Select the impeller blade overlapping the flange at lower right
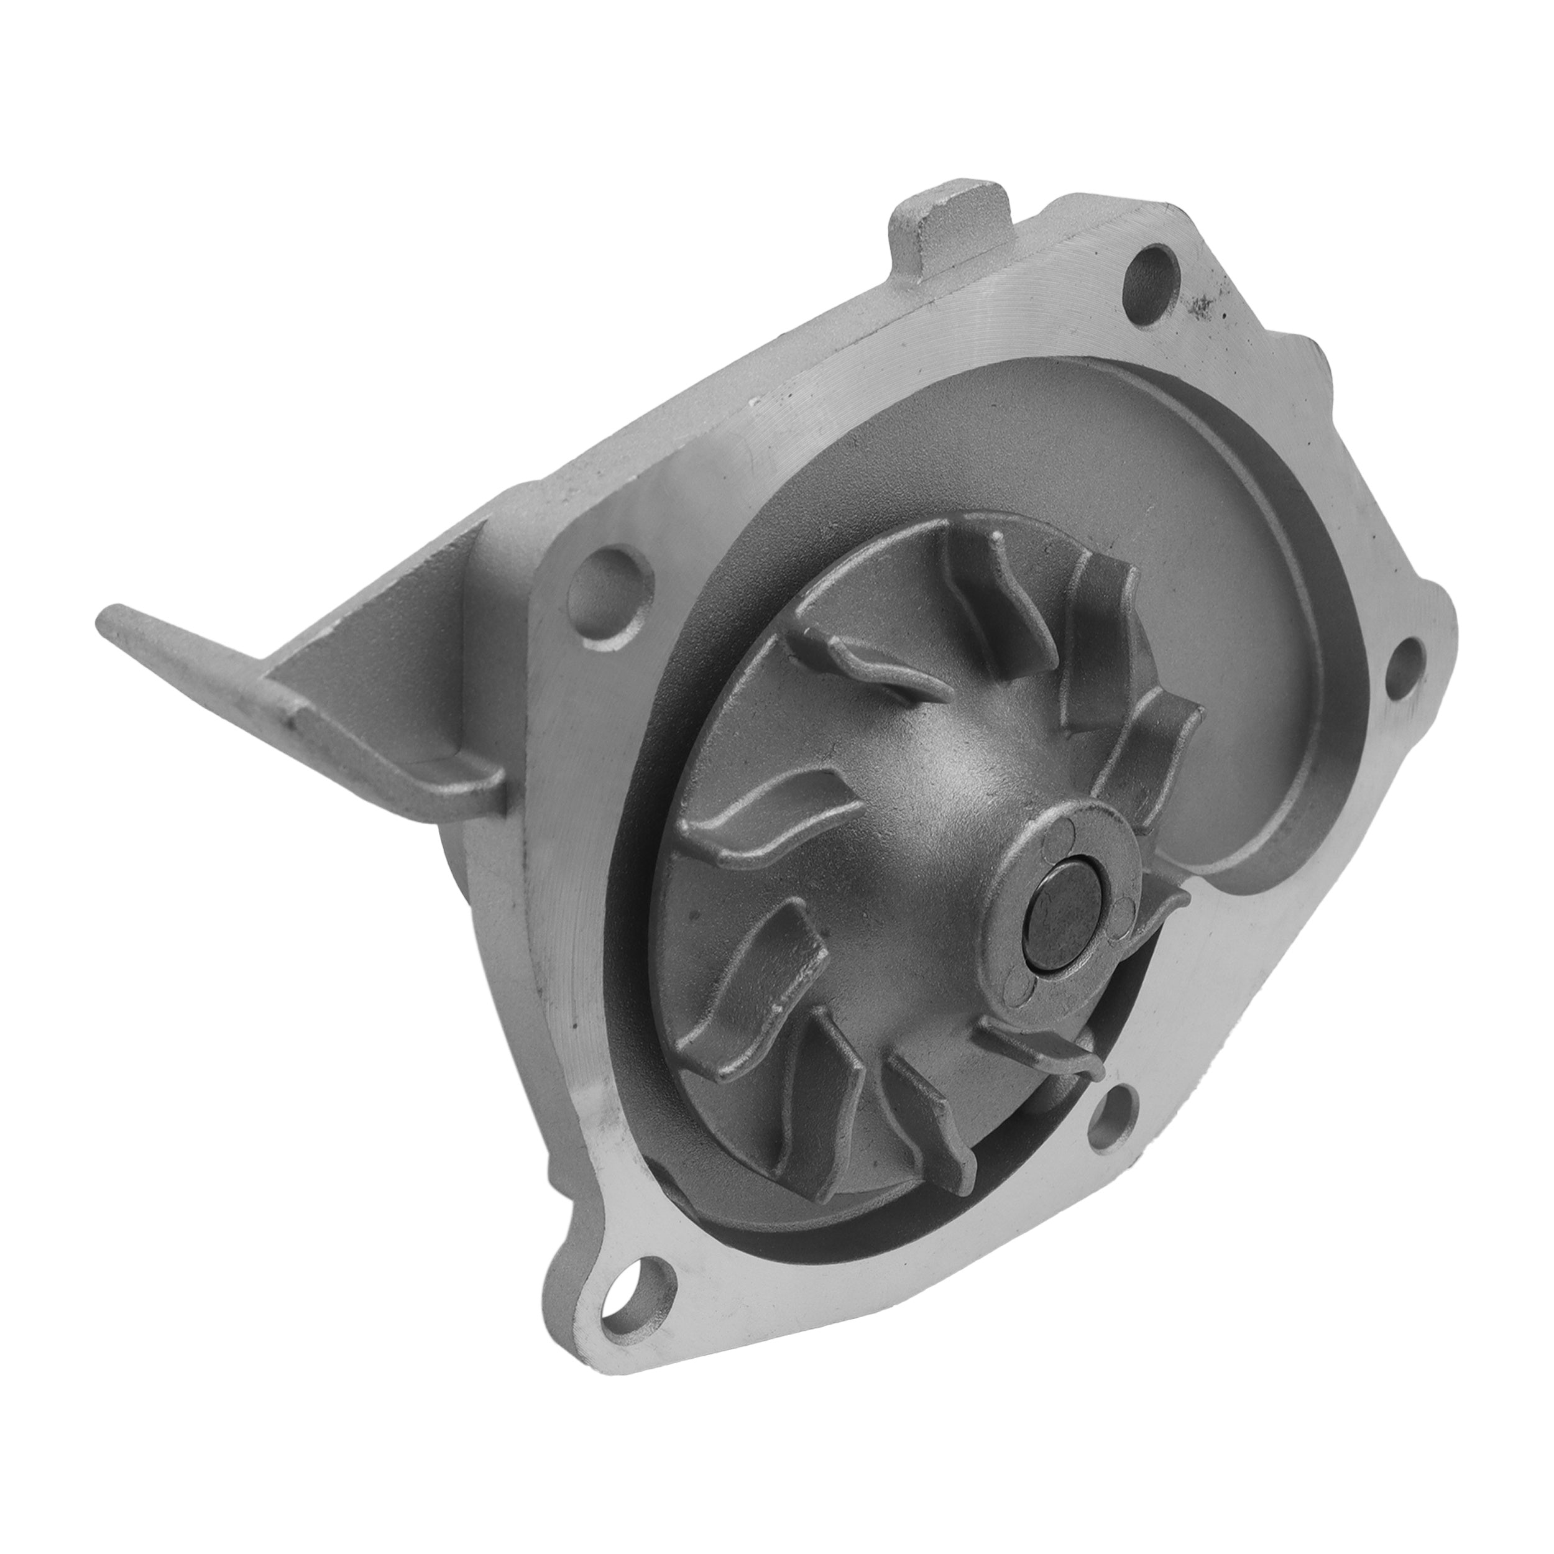(1039, 1046)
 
